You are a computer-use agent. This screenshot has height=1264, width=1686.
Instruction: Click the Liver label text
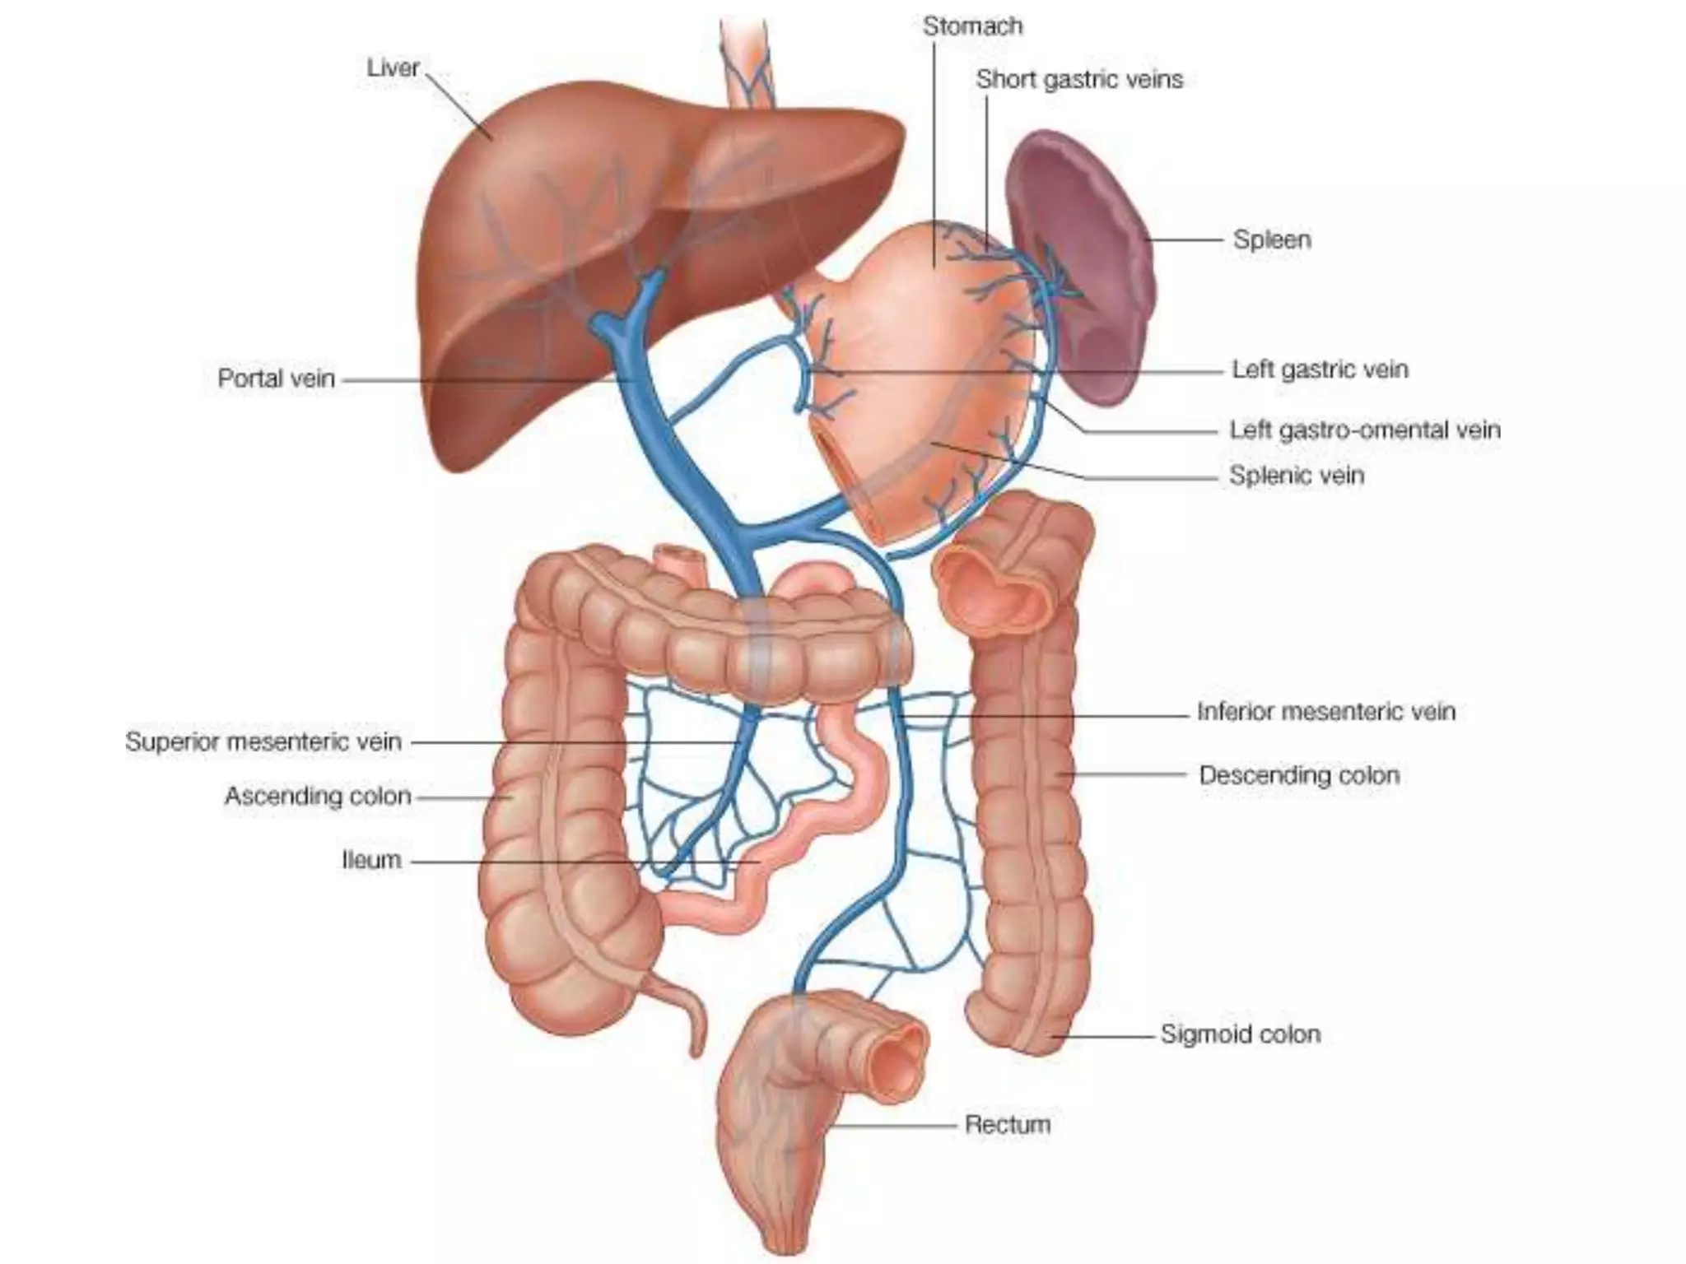tap(393, 67)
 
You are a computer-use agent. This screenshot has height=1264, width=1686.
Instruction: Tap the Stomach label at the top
tap(972, 26)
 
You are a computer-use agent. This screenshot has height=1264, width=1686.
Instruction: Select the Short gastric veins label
tap(1079, 80)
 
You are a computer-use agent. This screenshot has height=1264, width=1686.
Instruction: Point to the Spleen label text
tap(1272, 240)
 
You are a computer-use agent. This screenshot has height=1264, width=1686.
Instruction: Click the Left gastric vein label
tap(1320, 369)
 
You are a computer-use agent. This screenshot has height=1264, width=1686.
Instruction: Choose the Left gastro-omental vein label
tap(1364, 430)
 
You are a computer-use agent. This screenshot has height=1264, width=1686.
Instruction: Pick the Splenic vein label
tap(1297, 476)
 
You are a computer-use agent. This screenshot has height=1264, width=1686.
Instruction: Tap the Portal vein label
tap(276, 379)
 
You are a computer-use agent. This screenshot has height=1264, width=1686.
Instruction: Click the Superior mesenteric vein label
tap(263, 741)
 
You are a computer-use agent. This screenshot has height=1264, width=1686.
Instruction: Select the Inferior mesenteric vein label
tap(1325, 711)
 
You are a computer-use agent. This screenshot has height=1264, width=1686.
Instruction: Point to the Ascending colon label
tap(318, 796)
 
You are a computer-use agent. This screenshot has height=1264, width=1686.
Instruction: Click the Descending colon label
tap(1299, 775)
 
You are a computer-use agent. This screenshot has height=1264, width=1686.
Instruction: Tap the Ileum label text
tap(371, 860)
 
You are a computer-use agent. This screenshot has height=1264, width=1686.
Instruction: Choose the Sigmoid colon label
tap(1240, 1034)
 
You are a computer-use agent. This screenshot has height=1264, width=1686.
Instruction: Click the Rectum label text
tap(1008, 1124)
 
